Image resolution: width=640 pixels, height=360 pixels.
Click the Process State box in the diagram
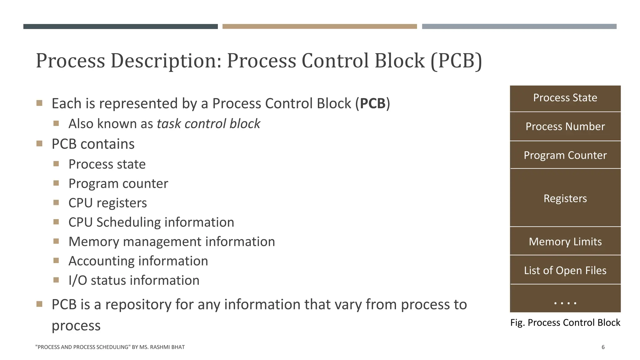tap(565, 98)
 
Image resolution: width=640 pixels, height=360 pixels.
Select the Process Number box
tap(565, 127)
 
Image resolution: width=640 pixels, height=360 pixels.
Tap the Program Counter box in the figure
tap(565, 155)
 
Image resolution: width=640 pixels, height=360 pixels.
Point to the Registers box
tap(565, 198)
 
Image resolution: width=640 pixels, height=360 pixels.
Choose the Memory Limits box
tap(565, 241)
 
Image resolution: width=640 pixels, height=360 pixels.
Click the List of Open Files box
tap(565, 270)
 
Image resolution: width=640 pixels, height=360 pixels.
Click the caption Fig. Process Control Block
tap(565, 322)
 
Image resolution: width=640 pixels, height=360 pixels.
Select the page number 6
tap(603, 347)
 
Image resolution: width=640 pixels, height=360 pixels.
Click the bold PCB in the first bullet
tap(372, 103)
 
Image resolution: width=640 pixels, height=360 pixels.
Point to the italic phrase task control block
tap(208, 124)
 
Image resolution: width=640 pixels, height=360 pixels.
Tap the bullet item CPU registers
tap(107, 203)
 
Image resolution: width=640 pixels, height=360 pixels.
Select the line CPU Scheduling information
tap(151, 222)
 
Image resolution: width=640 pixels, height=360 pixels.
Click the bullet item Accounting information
tap(138, 261)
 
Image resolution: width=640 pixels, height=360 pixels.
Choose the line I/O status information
tap(134, 281)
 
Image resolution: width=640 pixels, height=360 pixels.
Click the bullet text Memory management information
tap(172, 242)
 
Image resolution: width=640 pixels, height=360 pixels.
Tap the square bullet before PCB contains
tap(39, 144)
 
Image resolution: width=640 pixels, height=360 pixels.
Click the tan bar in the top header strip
tap(319, 27)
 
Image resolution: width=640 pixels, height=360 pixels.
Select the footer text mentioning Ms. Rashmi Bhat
tap(110, 347)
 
